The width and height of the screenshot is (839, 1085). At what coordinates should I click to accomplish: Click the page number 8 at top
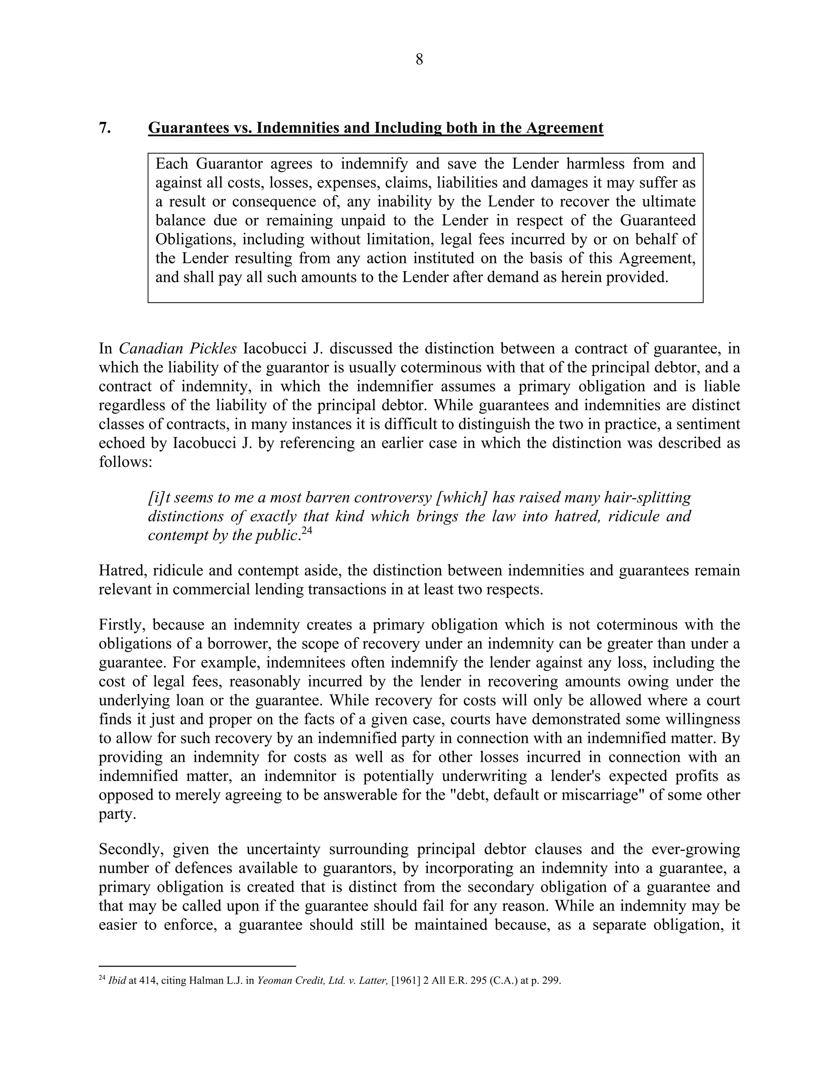pyautogui.click(x=419, y=60)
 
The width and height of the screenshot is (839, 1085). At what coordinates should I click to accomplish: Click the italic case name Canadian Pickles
pyautogui.click(x=177, y=349)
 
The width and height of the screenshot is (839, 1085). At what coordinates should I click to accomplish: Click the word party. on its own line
pyautogui.click(x=117, y=815)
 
